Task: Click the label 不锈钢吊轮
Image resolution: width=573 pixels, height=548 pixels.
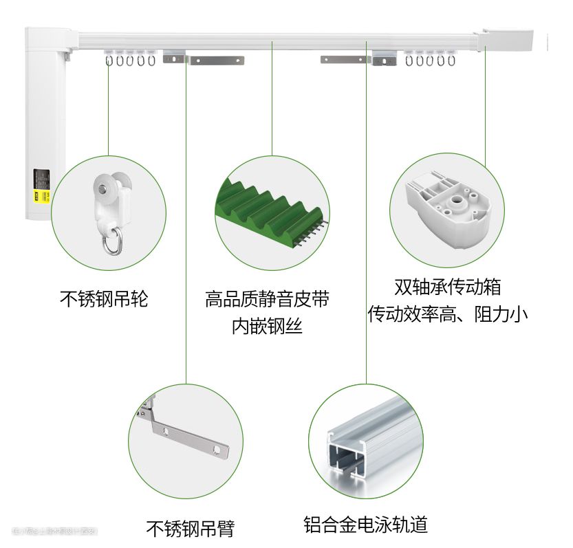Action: point(104,299)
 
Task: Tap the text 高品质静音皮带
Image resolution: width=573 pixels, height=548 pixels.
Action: point(267,299)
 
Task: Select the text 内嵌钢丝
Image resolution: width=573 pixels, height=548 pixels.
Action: point(267,326)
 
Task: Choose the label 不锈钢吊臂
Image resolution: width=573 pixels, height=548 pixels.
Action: point(190,528)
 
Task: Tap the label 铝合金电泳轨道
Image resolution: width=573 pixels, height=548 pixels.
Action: point(366,525)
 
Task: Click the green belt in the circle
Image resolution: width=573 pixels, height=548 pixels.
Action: point(268,206)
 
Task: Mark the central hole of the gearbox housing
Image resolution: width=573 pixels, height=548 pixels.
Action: point(455,202)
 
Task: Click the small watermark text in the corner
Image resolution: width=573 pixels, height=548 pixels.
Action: point(55,531)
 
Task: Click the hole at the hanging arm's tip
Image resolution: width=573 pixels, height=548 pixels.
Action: point(217,450)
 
